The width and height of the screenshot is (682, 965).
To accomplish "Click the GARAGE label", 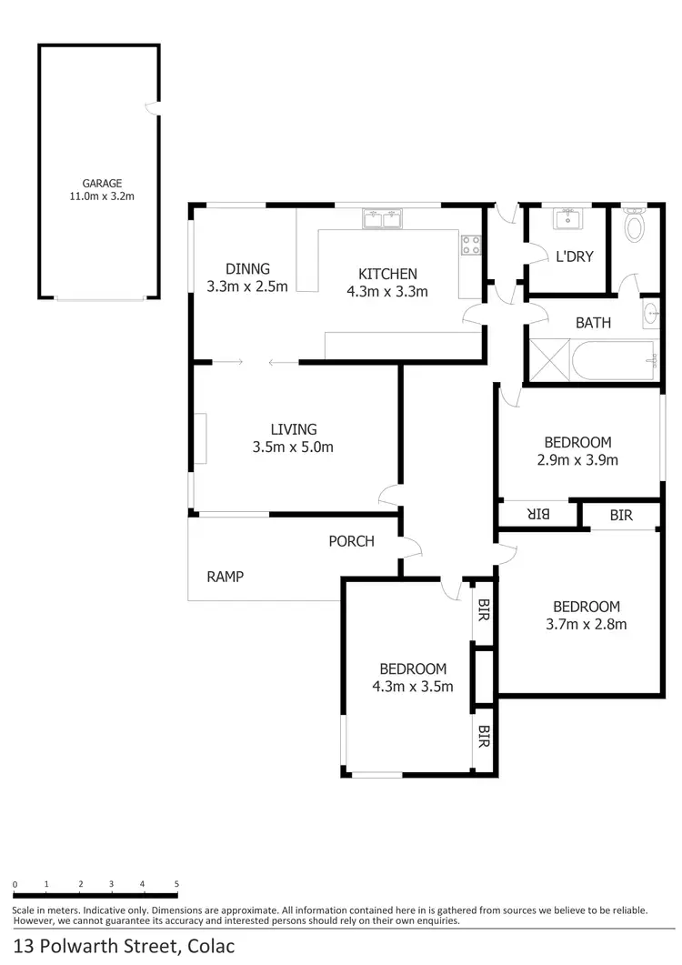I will coord(101,183).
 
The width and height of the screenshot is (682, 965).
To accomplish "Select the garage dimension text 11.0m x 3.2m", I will coord(101,196).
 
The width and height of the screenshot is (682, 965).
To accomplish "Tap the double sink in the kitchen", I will coord(383,219).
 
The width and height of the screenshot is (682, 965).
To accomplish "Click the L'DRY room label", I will coord(574,256).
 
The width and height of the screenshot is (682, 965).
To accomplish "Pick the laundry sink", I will coord(567,218).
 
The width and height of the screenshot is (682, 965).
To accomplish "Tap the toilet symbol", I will coord(635,224).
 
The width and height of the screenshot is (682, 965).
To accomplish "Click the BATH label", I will coord(593,323).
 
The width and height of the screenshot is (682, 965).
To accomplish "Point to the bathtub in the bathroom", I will coord(614,362).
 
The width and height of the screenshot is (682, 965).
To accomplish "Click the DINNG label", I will coord(247,268).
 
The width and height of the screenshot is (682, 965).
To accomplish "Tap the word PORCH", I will coord(351,541).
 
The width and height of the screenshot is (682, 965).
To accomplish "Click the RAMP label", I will coord(225,576).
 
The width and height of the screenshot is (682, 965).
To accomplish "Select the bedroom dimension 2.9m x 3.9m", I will coord(577,459).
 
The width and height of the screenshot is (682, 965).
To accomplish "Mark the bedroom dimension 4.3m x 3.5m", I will coord(413,686).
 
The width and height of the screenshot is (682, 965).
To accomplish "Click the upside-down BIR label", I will coord(538,515).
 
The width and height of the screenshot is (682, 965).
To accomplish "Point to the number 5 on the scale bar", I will coord(176,884).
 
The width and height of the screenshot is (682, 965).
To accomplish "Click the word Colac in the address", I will coord(211,946).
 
